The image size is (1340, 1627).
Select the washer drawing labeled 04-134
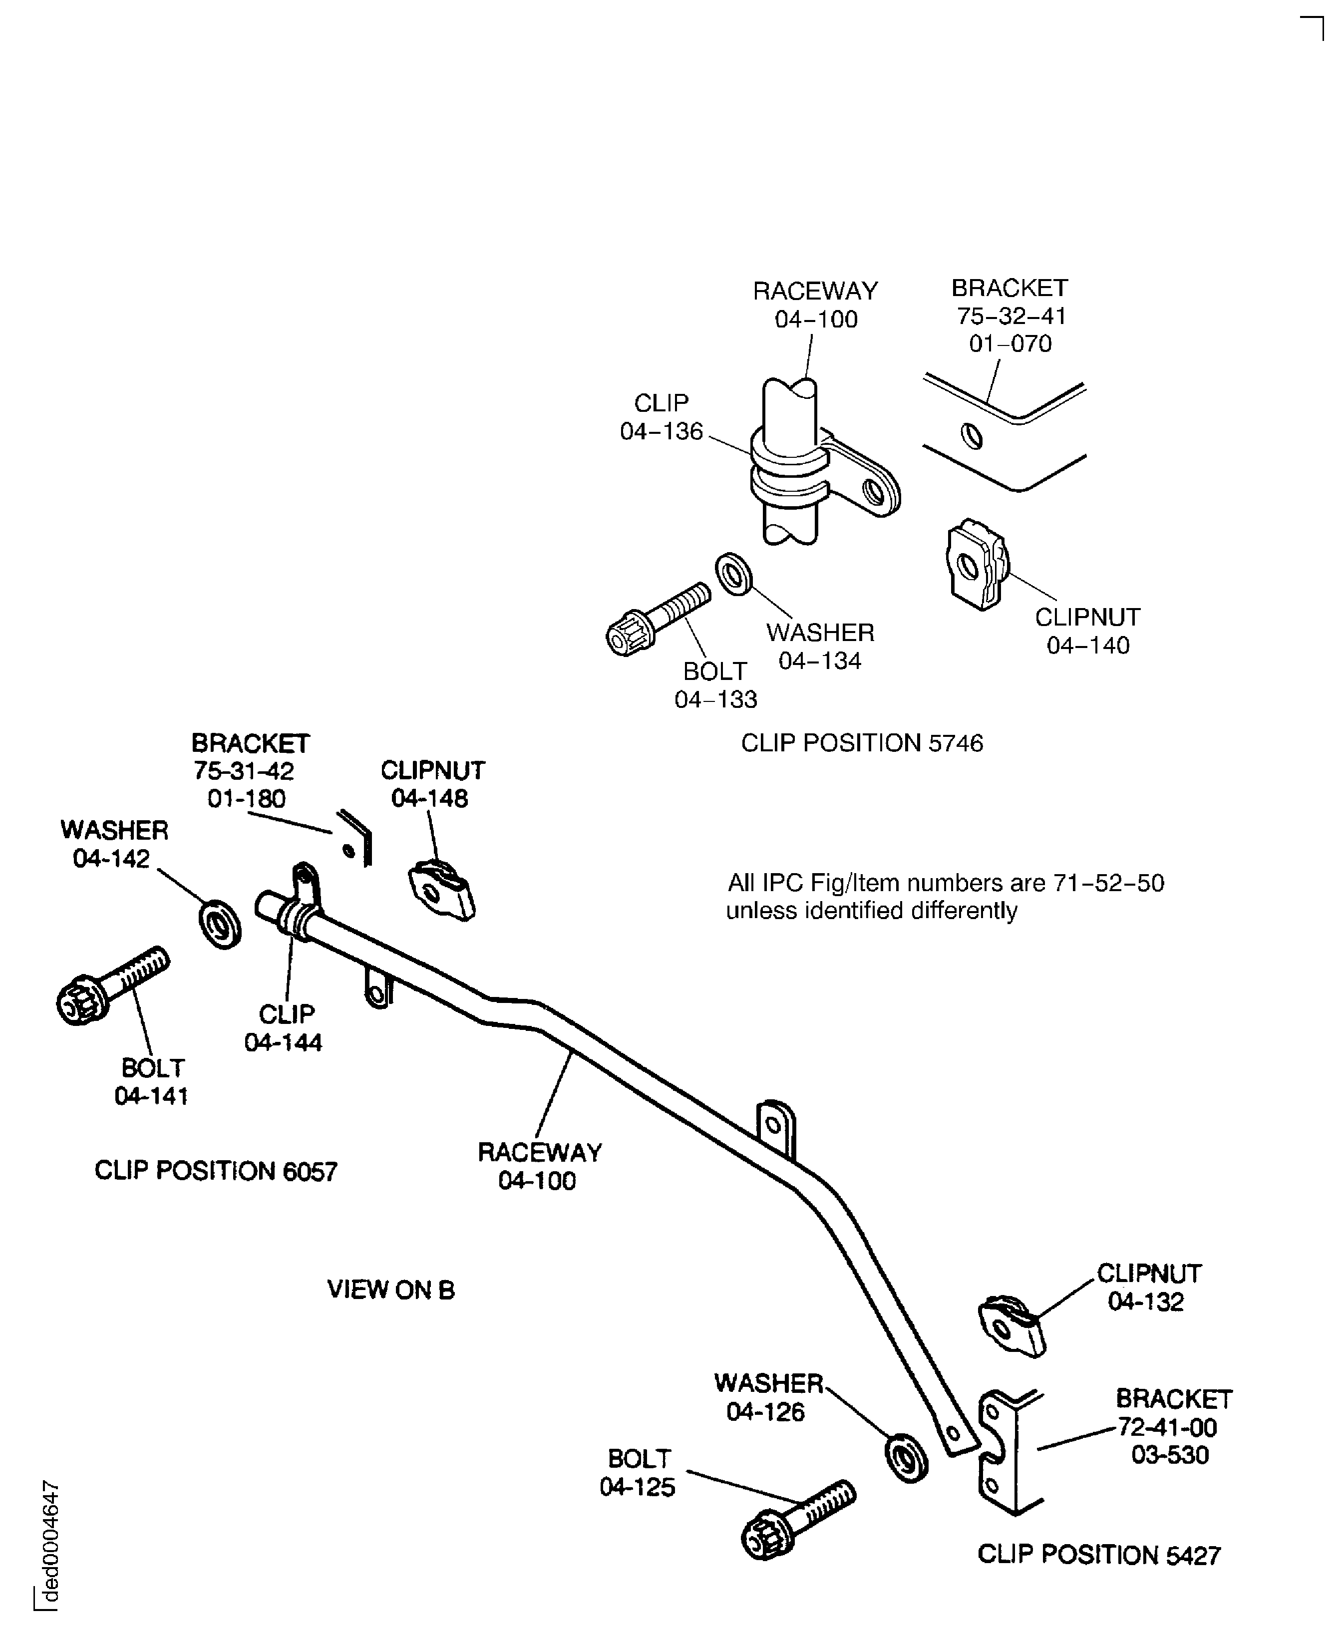pos(733,574)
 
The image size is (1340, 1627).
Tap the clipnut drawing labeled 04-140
pos(976,566)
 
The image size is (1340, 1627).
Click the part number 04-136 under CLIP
pos(662,431)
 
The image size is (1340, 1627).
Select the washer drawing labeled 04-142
pos(220,923)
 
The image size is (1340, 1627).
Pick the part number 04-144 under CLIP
pos(283,1043)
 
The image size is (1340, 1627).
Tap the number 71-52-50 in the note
pos(1108,883)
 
